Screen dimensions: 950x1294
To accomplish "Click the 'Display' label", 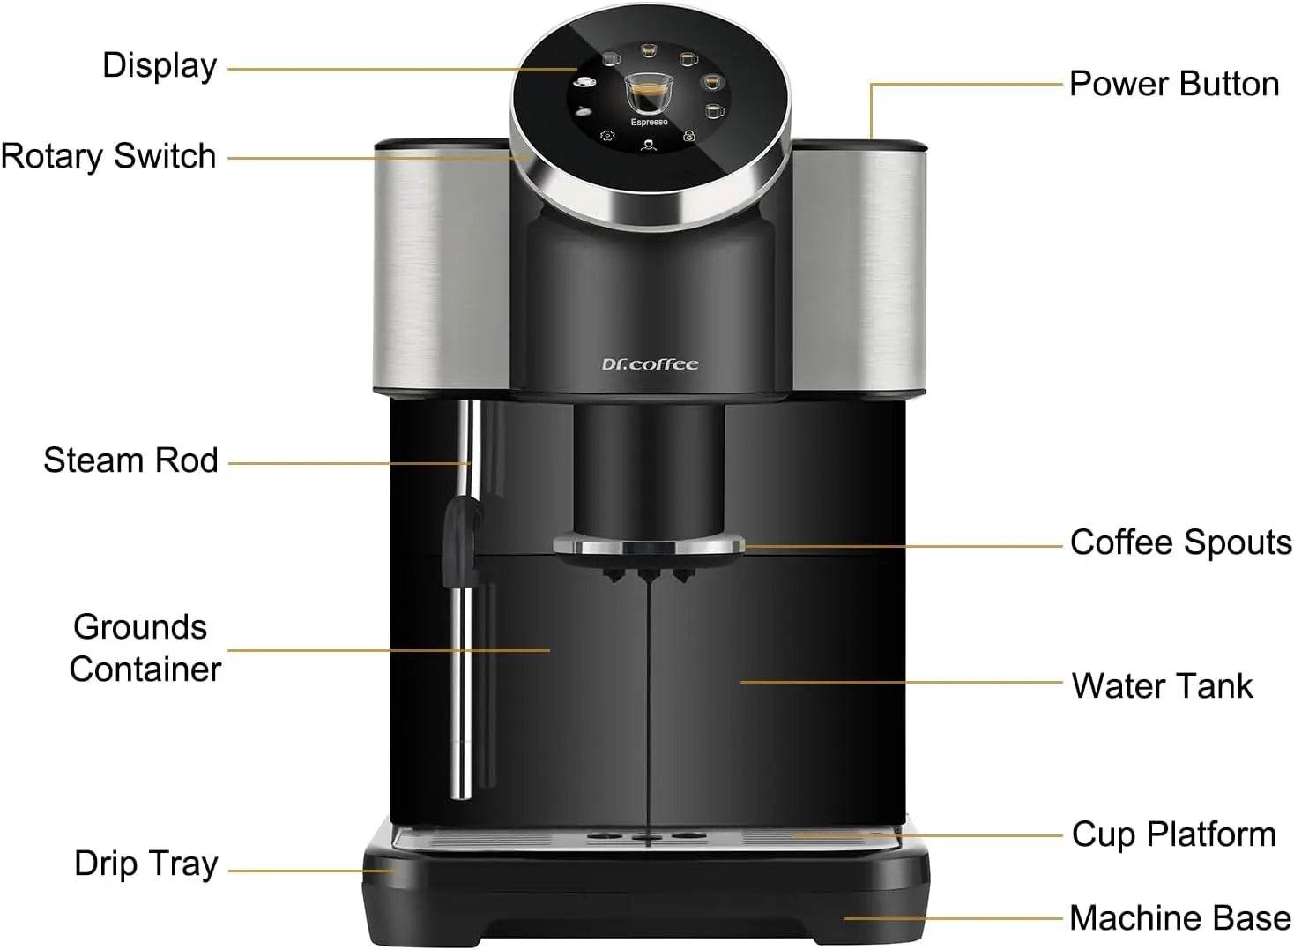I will [x=160, y=66].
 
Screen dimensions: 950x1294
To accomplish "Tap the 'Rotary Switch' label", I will [x=108, y=156].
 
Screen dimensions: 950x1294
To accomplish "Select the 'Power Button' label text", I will [x=1173, y=84].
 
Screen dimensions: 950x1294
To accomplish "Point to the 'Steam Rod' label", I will [x=130, y=460].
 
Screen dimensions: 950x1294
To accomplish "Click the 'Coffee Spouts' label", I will [x=1180, y=542].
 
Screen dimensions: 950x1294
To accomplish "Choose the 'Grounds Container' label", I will [x=144, y=648].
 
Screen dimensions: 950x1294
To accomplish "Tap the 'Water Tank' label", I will [x=1162, y=686].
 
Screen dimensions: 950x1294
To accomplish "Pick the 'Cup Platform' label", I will [x=1173, y=834].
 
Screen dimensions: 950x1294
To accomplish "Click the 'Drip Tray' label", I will [x=145, y=864].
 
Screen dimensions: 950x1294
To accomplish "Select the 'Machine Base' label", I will [x=1179, y=918].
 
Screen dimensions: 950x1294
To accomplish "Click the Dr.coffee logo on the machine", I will [x=650, y=364].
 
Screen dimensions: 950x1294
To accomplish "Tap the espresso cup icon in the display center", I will [x=648, y=92].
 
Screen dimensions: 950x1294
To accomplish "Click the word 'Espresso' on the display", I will [x=649, y=123].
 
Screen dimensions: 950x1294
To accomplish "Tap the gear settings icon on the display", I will [x=606, y=136].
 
